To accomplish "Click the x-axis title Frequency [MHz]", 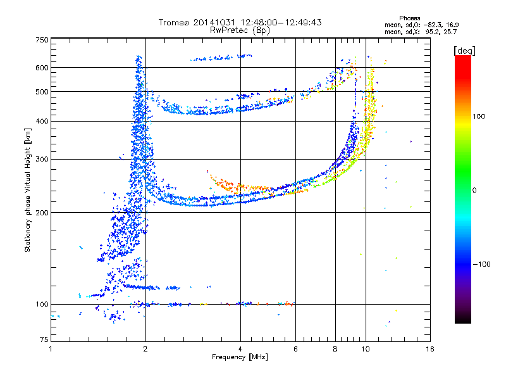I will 240,358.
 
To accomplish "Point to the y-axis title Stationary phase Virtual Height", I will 28,190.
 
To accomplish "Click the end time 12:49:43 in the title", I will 300,22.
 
